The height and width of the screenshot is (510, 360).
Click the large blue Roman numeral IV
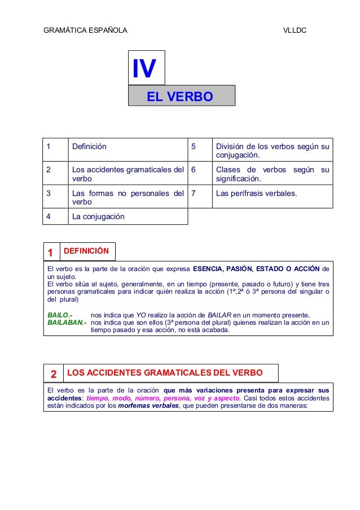pyautogui.click(x=144, y=68)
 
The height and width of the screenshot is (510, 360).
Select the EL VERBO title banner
pyautogui.click(x=180, y=97)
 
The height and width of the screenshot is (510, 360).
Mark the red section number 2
pyautogui.click(x=53, y=374)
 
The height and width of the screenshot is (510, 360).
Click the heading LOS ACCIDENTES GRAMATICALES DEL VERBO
pyautogui.click(x=165, y=373)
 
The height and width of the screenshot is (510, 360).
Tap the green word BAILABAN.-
pyautogui.click(x=67, y=323)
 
